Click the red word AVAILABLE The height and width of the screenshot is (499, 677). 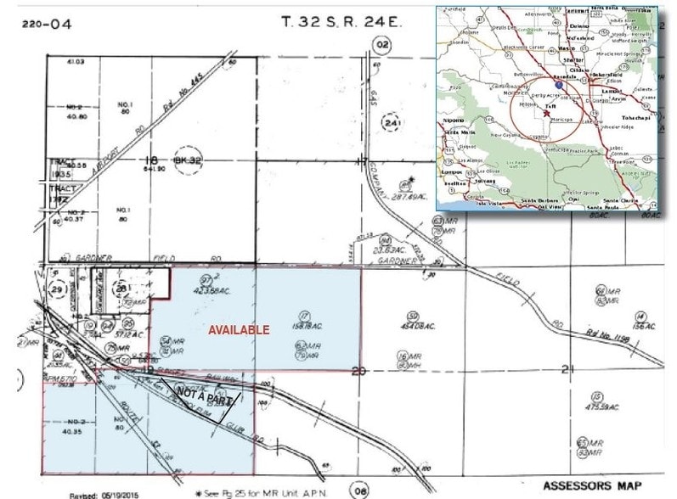tap(240, 329)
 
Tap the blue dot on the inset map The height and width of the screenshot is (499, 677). tap(558, 85)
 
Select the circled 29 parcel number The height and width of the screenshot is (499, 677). tap(58, 291)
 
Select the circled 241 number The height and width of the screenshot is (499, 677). tap(392, 126)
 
